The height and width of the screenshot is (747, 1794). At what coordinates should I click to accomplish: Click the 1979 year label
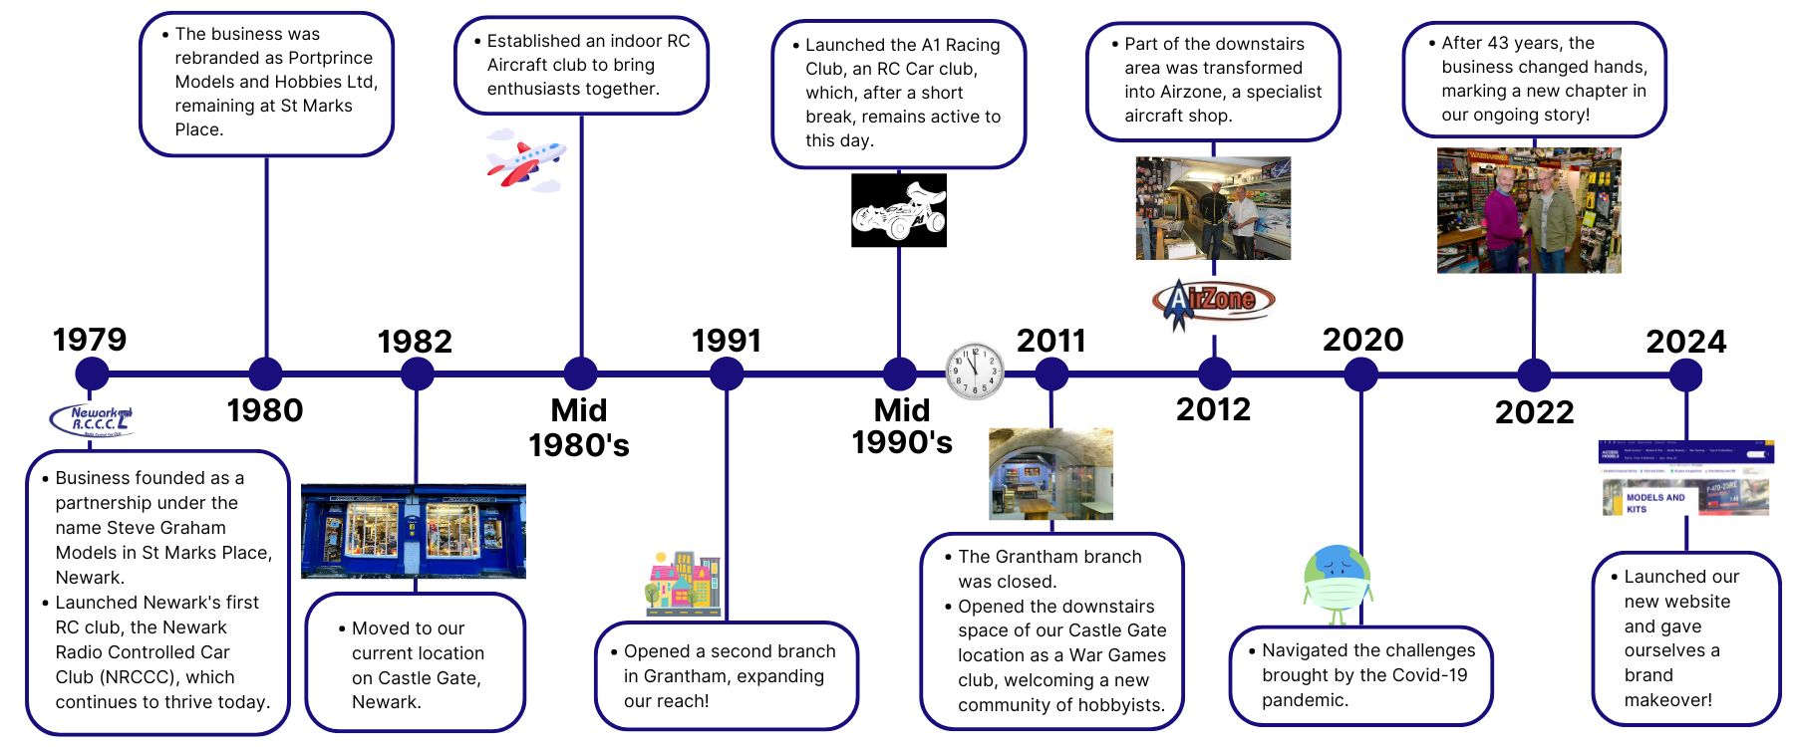point(90,340)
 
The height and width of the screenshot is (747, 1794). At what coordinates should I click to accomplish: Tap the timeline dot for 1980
point(265,373)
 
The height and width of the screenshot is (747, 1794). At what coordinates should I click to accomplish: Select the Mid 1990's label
point(901,425)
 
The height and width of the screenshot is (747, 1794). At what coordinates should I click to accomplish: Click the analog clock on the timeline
point(975,372)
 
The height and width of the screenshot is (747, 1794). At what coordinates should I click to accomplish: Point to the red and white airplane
point(525,160)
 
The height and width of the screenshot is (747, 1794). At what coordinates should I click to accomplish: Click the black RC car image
point(898,210)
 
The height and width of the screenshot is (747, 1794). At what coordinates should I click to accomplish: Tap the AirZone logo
point(1213,300)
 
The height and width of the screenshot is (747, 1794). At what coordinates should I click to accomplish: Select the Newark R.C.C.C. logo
point(92,420)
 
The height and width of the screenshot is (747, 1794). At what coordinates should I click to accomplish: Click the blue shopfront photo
point(414,531)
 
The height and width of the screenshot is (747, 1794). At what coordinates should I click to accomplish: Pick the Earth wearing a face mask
point(1338,582)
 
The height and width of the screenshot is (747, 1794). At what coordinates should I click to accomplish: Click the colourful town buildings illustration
point(683,582)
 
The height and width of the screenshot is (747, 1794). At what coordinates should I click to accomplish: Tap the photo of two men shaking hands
point(1528,210)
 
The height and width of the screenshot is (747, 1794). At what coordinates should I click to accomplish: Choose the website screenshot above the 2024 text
point(1685,478)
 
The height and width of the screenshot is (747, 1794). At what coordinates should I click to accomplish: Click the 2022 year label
point(1534,412)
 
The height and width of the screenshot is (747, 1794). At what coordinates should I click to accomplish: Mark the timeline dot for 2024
point(1685,374)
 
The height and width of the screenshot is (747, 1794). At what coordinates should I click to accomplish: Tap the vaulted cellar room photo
point(1050,474)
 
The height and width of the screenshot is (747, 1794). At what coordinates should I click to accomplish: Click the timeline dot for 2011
point(1051,374)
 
